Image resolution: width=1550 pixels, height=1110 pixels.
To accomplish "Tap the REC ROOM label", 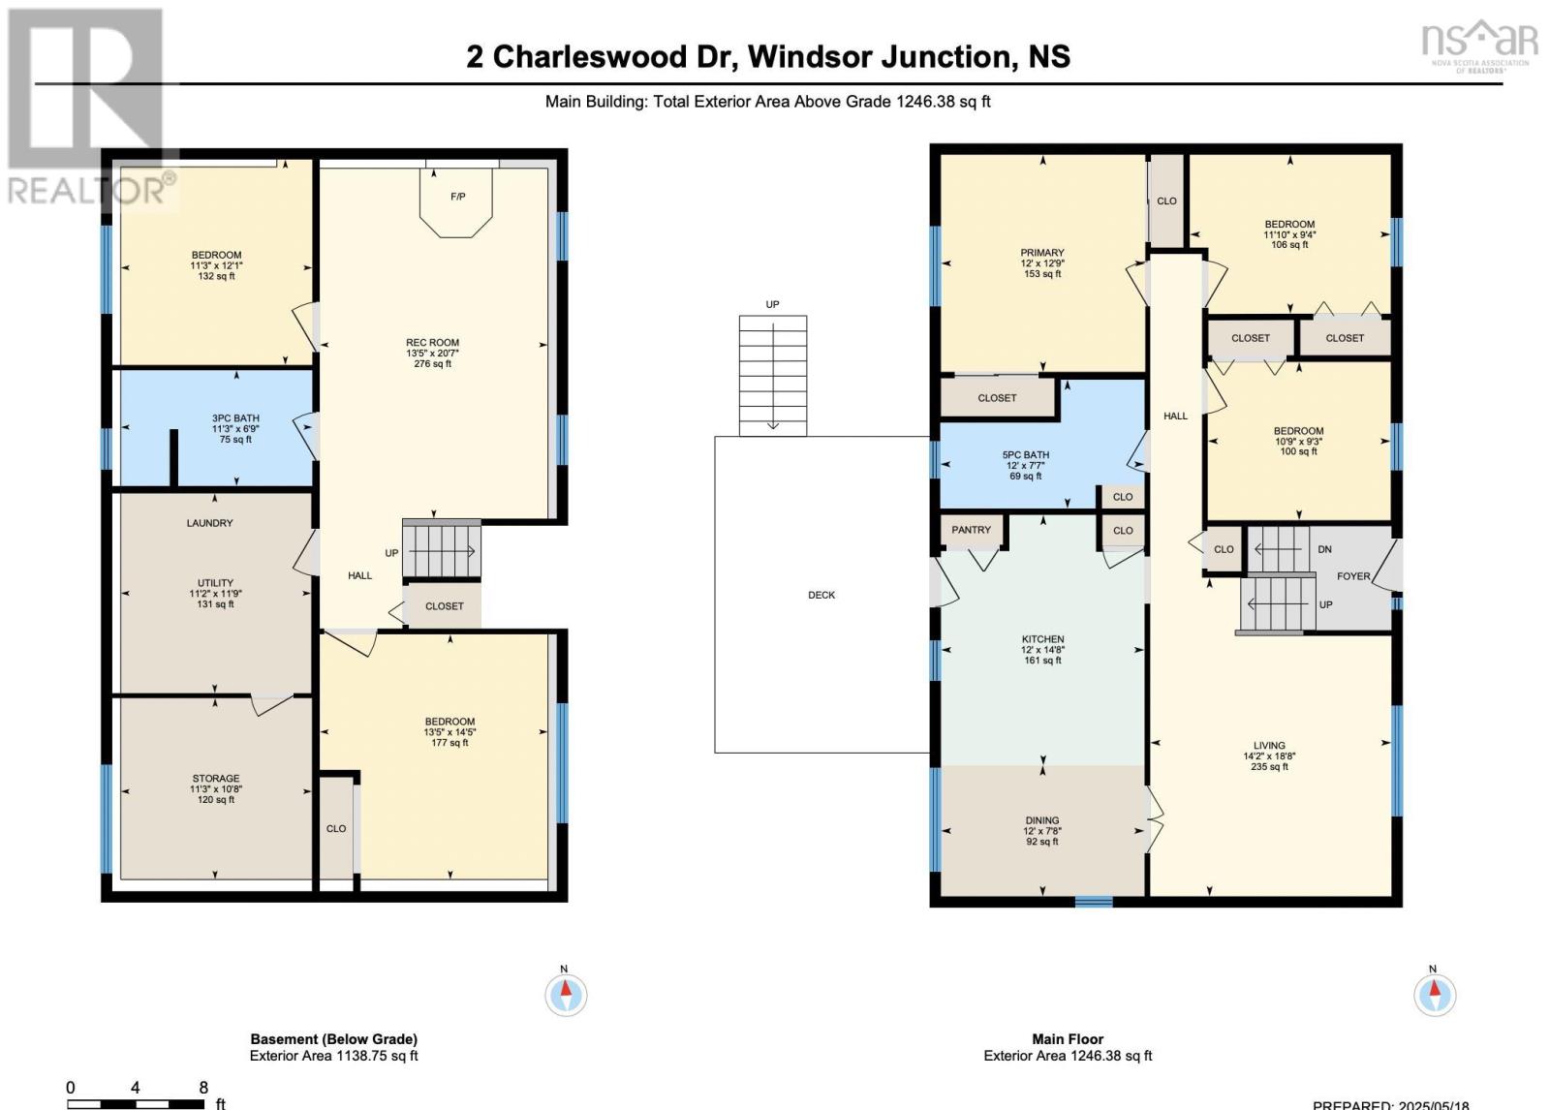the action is (432, 343).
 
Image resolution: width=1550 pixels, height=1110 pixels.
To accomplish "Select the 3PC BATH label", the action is (236, 418).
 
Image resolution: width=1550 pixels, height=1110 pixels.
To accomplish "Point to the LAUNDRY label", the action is (209, 523).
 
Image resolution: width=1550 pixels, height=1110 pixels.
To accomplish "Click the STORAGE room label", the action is (216, 779).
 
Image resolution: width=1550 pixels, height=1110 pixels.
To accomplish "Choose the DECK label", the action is (821, 595).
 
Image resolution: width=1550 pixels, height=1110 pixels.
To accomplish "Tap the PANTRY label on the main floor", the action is (971, 530).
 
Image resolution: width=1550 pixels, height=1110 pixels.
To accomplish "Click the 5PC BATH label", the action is (1026, 454).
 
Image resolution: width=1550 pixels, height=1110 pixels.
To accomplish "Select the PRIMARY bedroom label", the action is (1042, 253).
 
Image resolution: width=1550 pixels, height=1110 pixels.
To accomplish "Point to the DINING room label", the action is (1042, 820).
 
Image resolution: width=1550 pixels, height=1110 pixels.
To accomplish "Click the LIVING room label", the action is (1269, 745).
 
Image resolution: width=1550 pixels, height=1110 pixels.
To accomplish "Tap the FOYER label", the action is (1353, 575).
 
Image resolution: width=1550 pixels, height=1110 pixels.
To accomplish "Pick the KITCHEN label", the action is (1042, 638).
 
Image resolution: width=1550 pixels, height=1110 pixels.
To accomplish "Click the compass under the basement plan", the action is (566, 995).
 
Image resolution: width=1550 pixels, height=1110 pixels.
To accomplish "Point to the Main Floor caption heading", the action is (1068, 1038).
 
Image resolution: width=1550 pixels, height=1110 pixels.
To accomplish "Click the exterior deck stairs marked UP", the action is (773, 376).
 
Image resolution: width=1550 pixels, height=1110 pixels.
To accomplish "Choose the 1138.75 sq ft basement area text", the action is (377, 1056).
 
